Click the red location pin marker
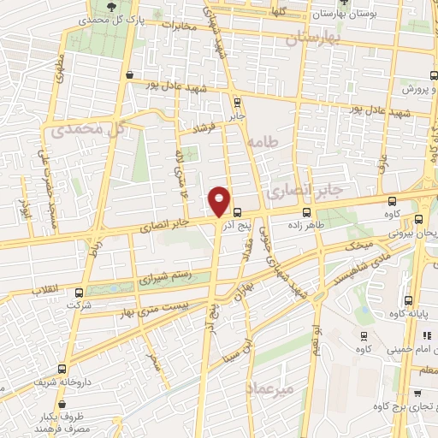coord(220,201)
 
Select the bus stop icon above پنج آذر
coord(237,212)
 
